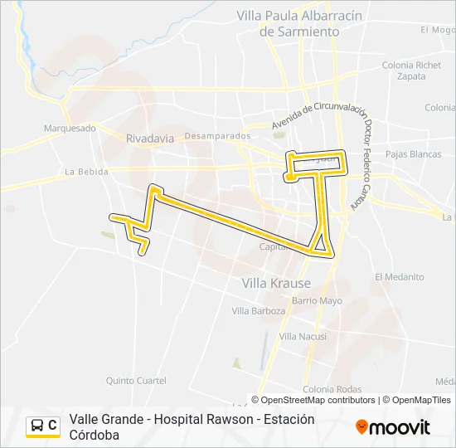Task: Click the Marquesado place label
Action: click(x=70, y=128)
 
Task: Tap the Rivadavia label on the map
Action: click(x=150, y=139)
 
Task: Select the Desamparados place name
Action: click(x=217, y=135)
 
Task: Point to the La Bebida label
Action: click(x=86, y=172)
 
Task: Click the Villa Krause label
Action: click(x=276, y=283)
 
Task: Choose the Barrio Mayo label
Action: click(x=317, y=300)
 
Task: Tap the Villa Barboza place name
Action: click(x=258, y=311)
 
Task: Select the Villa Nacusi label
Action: click(x=303, y=336)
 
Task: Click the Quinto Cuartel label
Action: click(x=135, y=381)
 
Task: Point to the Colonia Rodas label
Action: click(x=332, y=390)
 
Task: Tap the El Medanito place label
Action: click(x=399, y=277)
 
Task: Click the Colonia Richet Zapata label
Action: click(x=411, y=71)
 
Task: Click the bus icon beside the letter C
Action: click(x=37, y=426)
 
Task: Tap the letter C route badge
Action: click(x=52, y=426)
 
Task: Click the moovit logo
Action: click(x=393, y=427)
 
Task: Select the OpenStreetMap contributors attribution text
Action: click(x=318, y=400)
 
